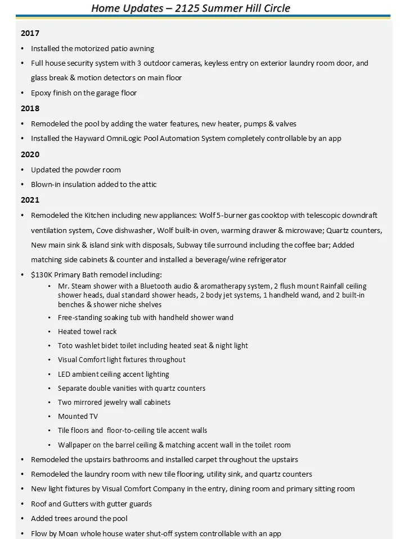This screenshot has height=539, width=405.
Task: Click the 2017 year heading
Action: pyautogui.click(x=30, y=34)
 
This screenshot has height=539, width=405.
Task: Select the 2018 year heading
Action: pyautogui.click(x=30, y=108)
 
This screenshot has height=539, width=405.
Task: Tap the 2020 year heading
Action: pyautogui.click(x=30, y=154)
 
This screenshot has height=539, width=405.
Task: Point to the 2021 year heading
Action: pyautogui.click(x=30, y=200)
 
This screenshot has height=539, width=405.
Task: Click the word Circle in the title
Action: pyautogui.click(x=272, y=8)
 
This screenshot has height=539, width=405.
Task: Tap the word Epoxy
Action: pyautogui.click(x=41, y=93)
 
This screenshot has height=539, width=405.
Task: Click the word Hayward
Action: pyautogui.click(x=89, y=139)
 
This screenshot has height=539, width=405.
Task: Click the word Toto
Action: pyautogui.click(x=66, y=346)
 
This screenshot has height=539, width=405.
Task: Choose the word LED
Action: pyautogui.click(x=65, y=374)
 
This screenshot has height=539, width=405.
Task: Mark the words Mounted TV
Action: pyautogui.click(x=78, y=417)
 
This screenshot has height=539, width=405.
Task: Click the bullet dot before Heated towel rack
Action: pyautogui.click(x=51, y=332)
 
